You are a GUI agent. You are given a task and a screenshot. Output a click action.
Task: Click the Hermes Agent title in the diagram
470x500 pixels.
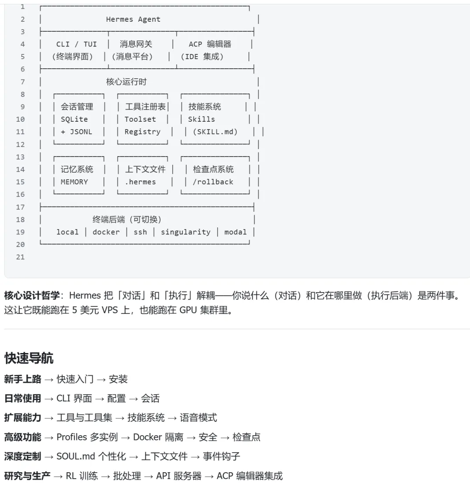[133, 20]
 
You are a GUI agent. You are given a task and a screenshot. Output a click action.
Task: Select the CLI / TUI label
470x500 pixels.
[77, 44]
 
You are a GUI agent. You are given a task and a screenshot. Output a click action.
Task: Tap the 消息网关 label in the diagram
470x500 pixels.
[136, 44]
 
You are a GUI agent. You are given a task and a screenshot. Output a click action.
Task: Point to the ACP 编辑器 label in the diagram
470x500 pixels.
[210, 44]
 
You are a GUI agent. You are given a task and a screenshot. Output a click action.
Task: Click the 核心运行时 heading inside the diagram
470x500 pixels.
[126, 82]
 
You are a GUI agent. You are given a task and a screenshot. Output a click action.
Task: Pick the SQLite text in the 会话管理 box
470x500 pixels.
[74, 119]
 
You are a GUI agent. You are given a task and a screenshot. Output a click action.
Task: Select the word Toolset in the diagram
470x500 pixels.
[140, 119]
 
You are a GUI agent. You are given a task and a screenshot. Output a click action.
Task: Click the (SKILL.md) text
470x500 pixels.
[215, 132]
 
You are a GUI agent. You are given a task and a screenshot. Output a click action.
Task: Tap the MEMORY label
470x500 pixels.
[74, 182]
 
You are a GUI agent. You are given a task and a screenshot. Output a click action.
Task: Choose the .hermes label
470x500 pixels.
[140, 182]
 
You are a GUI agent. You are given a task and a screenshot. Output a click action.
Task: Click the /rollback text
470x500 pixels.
[213, 182]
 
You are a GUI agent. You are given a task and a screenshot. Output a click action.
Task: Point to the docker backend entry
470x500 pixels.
[106, 232]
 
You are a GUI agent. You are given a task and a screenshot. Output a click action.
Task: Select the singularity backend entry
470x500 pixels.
[185, 232]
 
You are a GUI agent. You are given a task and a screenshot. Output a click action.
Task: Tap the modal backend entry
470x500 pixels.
[235, 232]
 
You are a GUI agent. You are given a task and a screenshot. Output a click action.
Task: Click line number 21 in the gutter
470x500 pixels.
[20, 257]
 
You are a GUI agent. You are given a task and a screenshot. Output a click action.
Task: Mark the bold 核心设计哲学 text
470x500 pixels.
[32, 296]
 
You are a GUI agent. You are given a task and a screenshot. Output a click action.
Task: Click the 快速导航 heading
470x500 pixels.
[29, 358]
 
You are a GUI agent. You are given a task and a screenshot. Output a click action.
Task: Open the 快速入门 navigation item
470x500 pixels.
[75, 379]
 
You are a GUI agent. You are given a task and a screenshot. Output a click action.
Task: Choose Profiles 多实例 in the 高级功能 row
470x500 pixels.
[87, 437]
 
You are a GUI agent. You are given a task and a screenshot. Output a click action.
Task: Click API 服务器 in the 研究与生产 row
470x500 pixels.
[179, 476]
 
